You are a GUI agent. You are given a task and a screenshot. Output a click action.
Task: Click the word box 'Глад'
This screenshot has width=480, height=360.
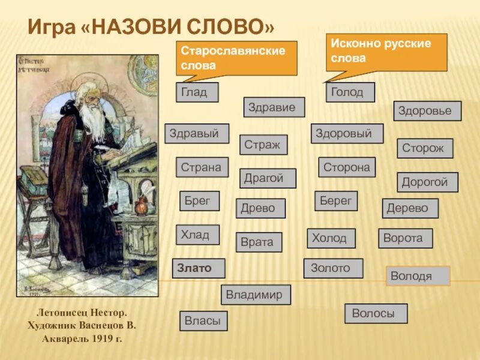pyautogui.click(x=197, y=92)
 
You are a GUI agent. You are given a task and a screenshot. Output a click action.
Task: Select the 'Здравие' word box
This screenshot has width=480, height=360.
pyautogui.click(x=274, y=107)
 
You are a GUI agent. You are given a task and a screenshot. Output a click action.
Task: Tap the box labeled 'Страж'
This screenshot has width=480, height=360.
pyautogui.click(x=263, y=145)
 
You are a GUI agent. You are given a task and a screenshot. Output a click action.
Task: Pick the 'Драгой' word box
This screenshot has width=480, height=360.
pyautogui.click(x=268, y=178)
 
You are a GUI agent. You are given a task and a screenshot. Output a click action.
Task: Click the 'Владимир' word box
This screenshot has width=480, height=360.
pyautogui.click(x=256, y=295)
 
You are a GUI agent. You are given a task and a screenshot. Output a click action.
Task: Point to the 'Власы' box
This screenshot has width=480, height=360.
pyautogui.click(x=203, y=321)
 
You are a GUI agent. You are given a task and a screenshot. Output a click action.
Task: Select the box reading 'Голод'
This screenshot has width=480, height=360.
pyautogui.click(x=350, y=92)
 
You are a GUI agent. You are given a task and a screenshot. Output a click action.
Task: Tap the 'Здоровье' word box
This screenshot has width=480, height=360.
pyautogui.click(x=427, y=111)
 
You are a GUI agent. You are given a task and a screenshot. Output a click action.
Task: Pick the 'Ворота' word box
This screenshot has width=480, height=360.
pyautogui.click(x=405, y=238)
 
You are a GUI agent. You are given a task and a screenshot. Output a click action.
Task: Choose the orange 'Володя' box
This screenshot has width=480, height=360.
pyautogui.click(x=418, y=275)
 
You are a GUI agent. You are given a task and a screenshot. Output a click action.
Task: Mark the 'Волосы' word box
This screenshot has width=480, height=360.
pyautogui.click(x=376, y=313)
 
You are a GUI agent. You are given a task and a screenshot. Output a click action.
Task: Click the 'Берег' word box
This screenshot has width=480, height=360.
pyautogui.click(x=336, y=201)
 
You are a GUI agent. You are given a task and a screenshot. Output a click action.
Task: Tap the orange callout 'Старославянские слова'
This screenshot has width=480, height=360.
pyautogui.click(x=236, y=58)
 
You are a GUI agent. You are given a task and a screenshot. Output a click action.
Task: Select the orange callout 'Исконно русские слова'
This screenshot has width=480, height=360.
pyautogui.click(x=386, y=52)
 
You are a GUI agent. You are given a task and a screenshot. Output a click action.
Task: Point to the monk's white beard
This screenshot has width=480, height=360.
pyautogui.click(x=93, y=123)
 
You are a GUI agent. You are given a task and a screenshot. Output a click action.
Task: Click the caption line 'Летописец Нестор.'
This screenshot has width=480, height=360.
pyautogui.click(x=82, y=313)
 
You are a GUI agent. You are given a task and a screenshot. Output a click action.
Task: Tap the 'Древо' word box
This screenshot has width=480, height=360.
pyautogui.click(x=260, y=208)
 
